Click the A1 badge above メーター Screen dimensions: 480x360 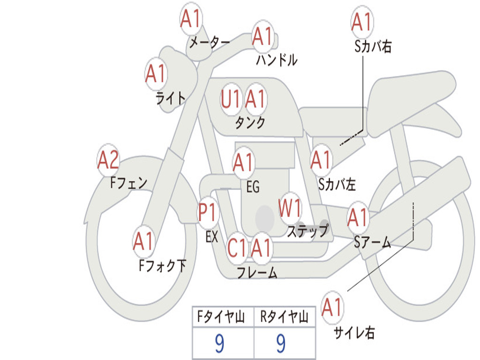[x=191, y=20]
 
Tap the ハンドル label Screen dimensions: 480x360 [x=277, y=60]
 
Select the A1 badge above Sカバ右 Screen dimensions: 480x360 [x=361, y=22]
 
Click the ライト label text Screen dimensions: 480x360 [x=171, y=97]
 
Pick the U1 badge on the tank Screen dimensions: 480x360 [x=231, y=99]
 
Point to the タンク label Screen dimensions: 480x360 [x=250, y=122]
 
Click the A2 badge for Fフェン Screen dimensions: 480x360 [x=108, y=160]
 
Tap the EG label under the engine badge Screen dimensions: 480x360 [x=253, y=187]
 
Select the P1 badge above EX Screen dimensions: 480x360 [x=208, y=213]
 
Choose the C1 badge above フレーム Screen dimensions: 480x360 [x=237, y=248]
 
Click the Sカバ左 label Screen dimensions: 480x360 [x=337, y=184]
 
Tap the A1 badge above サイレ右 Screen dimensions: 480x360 [x=332, y=307]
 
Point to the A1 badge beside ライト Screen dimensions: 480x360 [x=156, y=74]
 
